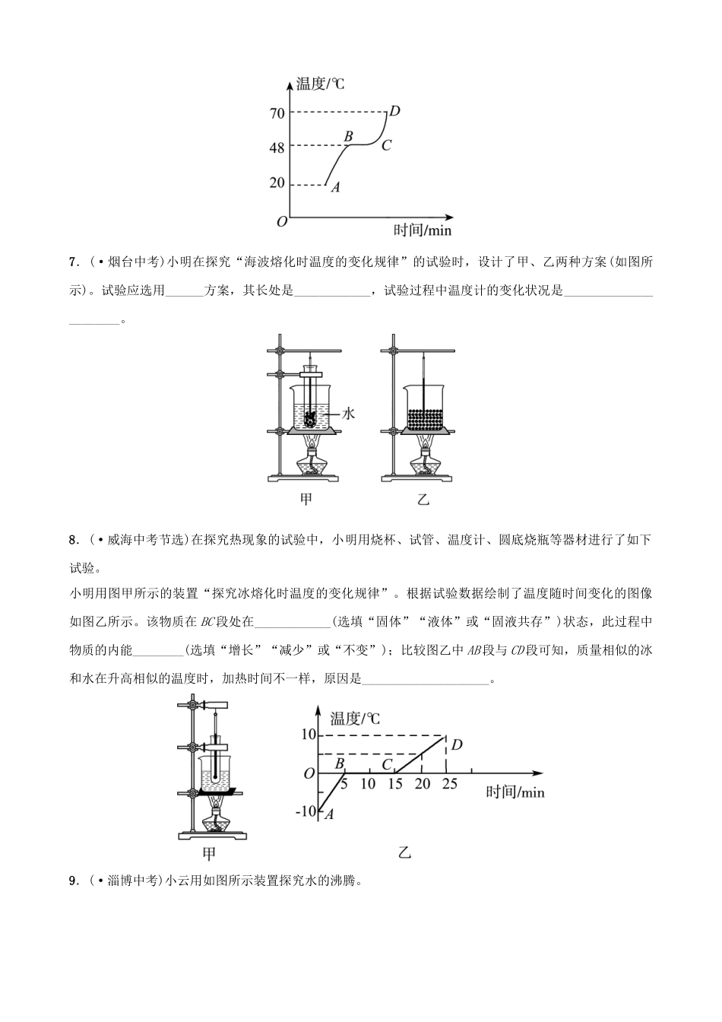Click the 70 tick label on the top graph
click(x=277, y=113)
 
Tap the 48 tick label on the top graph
click(x=277, y=148)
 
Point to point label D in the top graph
click(x=394, y=111)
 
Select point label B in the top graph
click(x=349, y=136)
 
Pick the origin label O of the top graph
click(x=282, y=221)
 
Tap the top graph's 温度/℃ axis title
click(x=320, y=84)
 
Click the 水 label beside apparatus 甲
click(x=349, y=414)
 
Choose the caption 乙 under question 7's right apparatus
click(x=423, y=500)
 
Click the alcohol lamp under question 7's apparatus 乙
click(x=424, y=462)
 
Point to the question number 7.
click(x=73, y=263)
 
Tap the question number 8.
click(x=73, y=541)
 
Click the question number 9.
click(x=73, y=881)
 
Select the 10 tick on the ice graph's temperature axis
click(x=307, y=735)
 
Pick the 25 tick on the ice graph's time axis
click(x=449, y=784)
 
